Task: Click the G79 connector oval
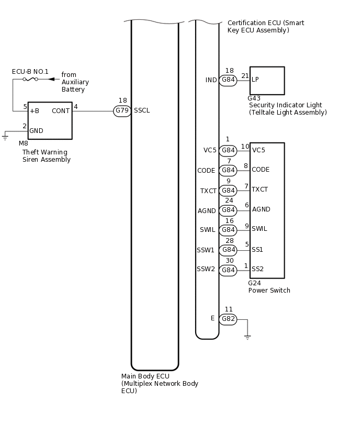click(x=122, y=111)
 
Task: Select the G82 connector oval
click(x=228, y=319)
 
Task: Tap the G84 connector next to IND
click(x=228, y=80)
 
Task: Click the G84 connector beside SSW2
click(x=228, y=270)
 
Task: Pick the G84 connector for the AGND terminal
click(x=228, y=210)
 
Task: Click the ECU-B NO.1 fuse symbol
click(x=30, y=79)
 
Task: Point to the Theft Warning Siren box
click(x=50, y=120)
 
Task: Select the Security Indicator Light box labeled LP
click(x=267, y=80)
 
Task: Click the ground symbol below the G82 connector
click(x=248, y=337)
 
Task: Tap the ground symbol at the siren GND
click(x=5, y=138)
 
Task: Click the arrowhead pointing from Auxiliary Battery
click(x=51, y=79)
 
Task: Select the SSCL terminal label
click(x=142, y=111)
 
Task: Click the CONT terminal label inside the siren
click(x=61, y=111)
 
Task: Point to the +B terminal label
click(x=35, y=111)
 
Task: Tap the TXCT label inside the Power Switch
click(x=260, y=189)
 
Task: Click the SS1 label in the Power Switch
click(x=257, y=250)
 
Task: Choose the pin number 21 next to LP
click(x=245, y=76)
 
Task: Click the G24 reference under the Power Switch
click(x=254, y=283)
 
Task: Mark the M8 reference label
click(x=24, y=143)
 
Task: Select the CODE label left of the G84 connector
click(x=206, y=171)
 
